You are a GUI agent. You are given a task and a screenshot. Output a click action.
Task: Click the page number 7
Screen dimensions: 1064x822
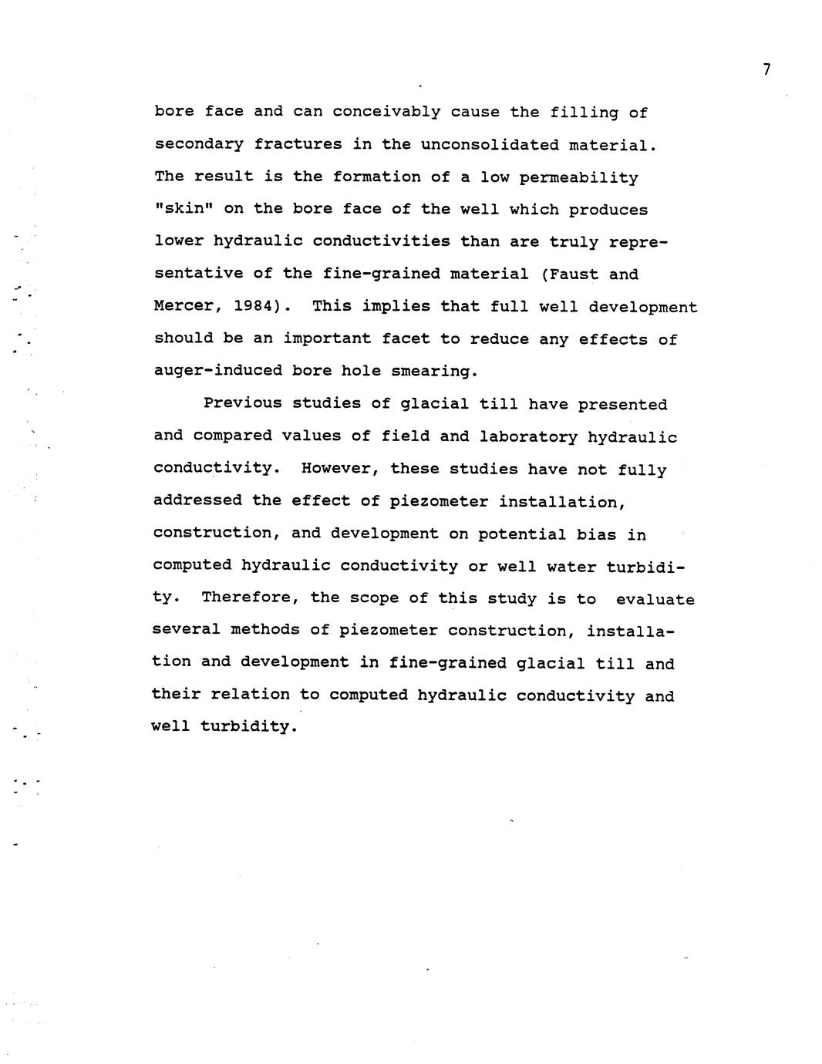click(766, 69)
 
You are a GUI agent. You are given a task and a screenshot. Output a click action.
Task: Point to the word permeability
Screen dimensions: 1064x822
click(578, 178)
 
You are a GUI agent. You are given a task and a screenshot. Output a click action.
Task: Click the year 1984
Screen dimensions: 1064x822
click(252, 306)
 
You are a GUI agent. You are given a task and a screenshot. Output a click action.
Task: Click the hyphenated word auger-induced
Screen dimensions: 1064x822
click(218, 371)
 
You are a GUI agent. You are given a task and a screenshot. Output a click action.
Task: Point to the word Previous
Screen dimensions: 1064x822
click(242, 404)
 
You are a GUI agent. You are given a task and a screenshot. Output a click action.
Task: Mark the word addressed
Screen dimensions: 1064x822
click(197, 501)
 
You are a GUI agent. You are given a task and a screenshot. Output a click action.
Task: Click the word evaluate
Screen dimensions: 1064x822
click(655, 600)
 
